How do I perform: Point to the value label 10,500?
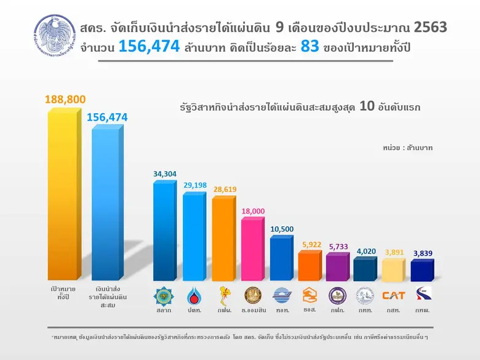click(x=282, y=230)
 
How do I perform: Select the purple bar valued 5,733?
click(x=338, y=267)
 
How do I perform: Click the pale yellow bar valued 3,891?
click(x=394, y=270)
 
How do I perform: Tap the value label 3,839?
click(x=422, y=253)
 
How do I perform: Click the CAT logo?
click(x=394, y=295)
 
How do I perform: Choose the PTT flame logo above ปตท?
click(x=194, y=296)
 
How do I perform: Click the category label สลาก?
click(x=164, y=311)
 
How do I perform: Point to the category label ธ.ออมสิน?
click(x=253, y=311)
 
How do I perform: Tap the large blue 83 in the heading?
click(x=310, y=46)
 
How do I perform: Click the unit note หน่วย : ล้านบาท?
click(x=406, y=148)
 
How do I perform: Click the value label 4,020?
click(x=365, y=250)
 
